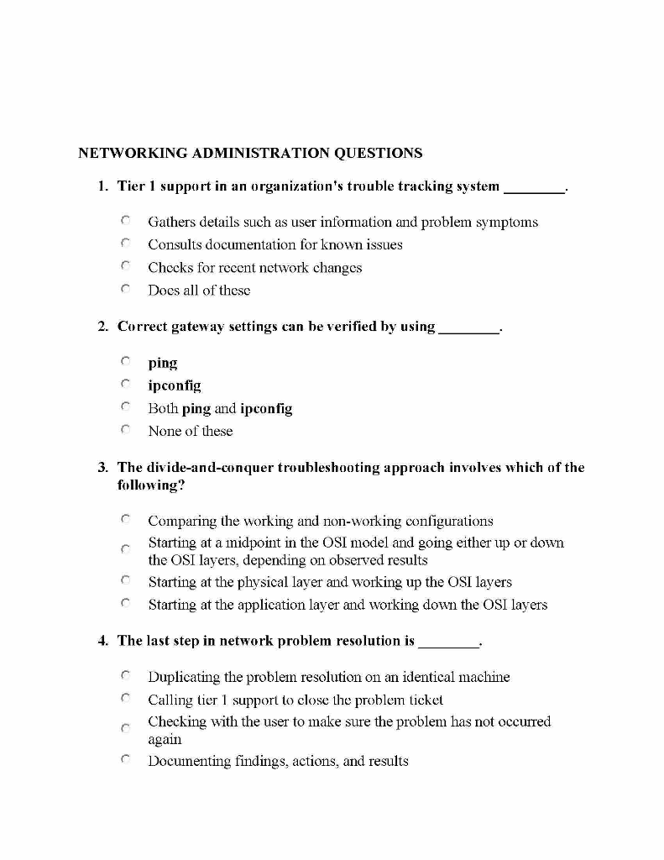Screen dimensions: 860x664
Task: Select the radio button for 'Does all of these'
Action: [124, 290]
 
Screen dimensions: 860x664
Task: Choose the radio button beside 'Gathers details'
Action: [124, 222]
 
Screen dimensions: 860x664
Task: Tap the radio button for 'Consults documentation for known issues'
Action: [124, 244]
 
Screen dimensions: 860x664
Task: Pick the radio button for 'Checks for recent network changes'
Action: [124, 267]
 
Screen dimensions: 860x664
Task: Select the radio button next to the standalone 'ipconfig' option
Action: [124, 385]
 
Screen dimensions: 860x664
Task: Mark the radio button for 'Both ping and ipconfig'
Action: [124, 408]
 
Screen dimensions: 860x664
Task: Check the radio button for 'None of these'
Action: [124, 431]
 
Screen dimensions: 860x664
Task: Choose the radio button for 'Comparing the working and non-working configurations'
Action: [124, 521]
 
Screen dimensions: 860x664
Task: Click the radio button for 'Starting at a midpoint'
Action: [124, 548]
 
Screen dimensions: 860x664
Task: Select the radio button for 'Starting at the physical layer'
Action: [124, 581]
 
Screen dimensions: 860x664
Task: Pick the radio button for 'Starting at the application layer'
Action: [124, 604]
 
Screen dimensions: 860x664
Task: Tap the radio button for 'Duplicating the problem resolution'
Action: [124, 676]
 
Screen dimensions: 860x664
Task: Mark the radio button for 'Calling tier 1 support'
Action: [124, 699]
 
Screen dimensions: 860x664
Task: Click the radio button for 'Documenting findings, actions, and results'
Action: [124, 761]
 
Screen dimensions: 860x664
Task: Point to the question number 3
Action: [102, 467]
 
